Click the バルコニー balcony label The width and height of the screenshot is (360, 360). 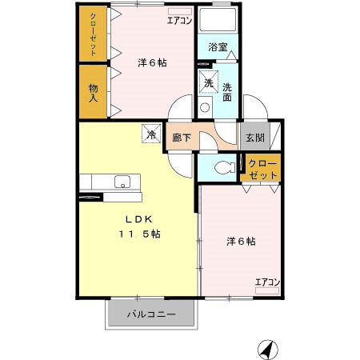[x=150, y=314]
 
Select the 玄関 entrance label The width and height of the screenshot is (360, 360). [x=255, y=137]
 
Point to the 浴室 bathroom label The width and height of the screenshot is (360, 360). [x=218, y=46]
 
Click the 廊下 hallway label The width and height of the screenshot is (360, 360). [x=182, y=137]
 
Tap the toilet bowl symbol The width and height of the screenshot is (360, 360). [x=222, y=167]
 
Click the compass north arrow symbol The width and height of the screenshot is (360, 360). [x=267, y=350]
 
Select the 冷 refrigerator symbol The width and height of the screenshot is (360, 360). [x=149, y=135]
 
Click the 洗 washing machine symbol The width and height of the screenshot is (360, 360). [x=207, y=82]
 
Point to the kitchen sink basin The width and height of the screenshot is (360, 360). [x=122, y=181]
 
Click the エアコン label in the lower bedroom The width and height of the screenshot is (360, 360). [x=267, y=281]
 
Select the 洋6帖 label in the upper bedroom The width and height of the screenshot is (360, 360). [x=151, y=62]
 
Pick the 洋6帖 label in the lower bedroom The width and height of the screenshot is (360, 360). [x=240, y=240]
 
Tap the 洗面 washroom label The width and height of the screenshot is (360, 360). [x=227, y=92]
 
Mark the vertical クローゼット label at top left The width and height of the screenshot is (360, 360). [x=93, y=33]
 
